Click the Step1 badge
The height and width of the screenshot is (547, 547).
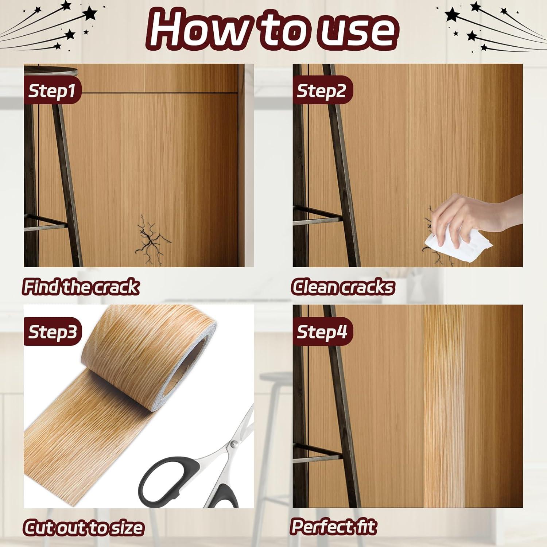tap(52, 90)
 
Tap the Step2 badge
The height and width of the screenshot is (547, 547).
tap(321, 90)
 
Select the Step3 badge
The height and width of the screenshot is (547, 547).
tap(53, 332)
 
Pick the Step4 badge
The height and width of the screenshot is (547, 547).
tap(322, 332)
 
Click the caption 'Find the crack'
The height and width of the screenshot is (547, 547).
tap(81, 287)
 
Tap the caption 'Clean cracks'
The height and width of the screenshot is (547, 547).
tap(343, 287)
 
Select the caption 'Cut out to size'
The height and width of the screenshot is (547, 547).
tap(84, 527)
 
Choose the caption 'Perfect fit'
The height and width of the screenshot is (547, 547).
tap(334, 527)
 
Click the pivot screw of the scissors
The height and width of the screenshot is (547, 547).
tap(234, 444)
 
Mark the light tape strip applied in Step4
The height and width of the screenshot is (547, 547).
tap(443, 405)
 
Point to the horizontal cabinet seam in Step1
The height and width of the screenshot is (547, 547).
tap(157, 94)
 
